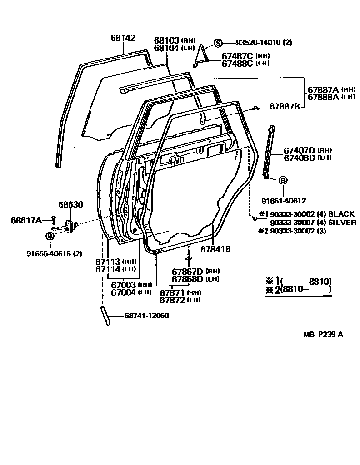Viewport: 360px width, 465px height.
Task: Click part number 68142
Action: tap(123, 39)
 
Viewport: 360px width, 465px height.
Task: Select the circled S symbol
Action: tap(218, 43)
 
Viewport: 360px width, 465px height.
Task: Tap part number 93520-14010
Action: tap(258, 43)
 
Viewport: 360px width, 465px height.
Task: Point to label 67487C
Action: tap(237, 56)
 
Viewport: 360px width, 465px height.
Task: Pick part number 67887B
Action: tap(285, 107)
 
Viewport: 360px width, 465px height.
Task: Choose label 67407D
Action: tap(300, 150)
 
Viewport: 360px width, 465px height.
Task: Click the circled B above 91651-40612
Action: tap(282, 181)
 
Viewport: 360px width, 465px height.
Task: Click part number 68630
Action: tap(70, 205)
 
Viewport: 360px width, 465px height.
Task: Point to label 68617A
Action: tap(26, 220)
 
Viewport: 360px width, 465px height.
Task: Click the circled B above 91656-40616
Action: tap(50, 236)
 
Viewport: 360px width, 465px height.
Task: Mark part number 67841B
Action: tap(216, 249)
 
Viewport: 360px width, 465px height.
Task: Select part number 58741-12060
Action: tap(146, 316)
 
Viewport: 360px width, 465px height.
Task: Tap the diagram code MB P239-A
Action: tap(323, 335)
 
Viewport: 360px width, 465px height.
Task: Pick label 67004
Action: tap(124, 292)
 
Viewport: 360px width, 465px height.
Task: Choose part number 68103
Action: tap(166, 40)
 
